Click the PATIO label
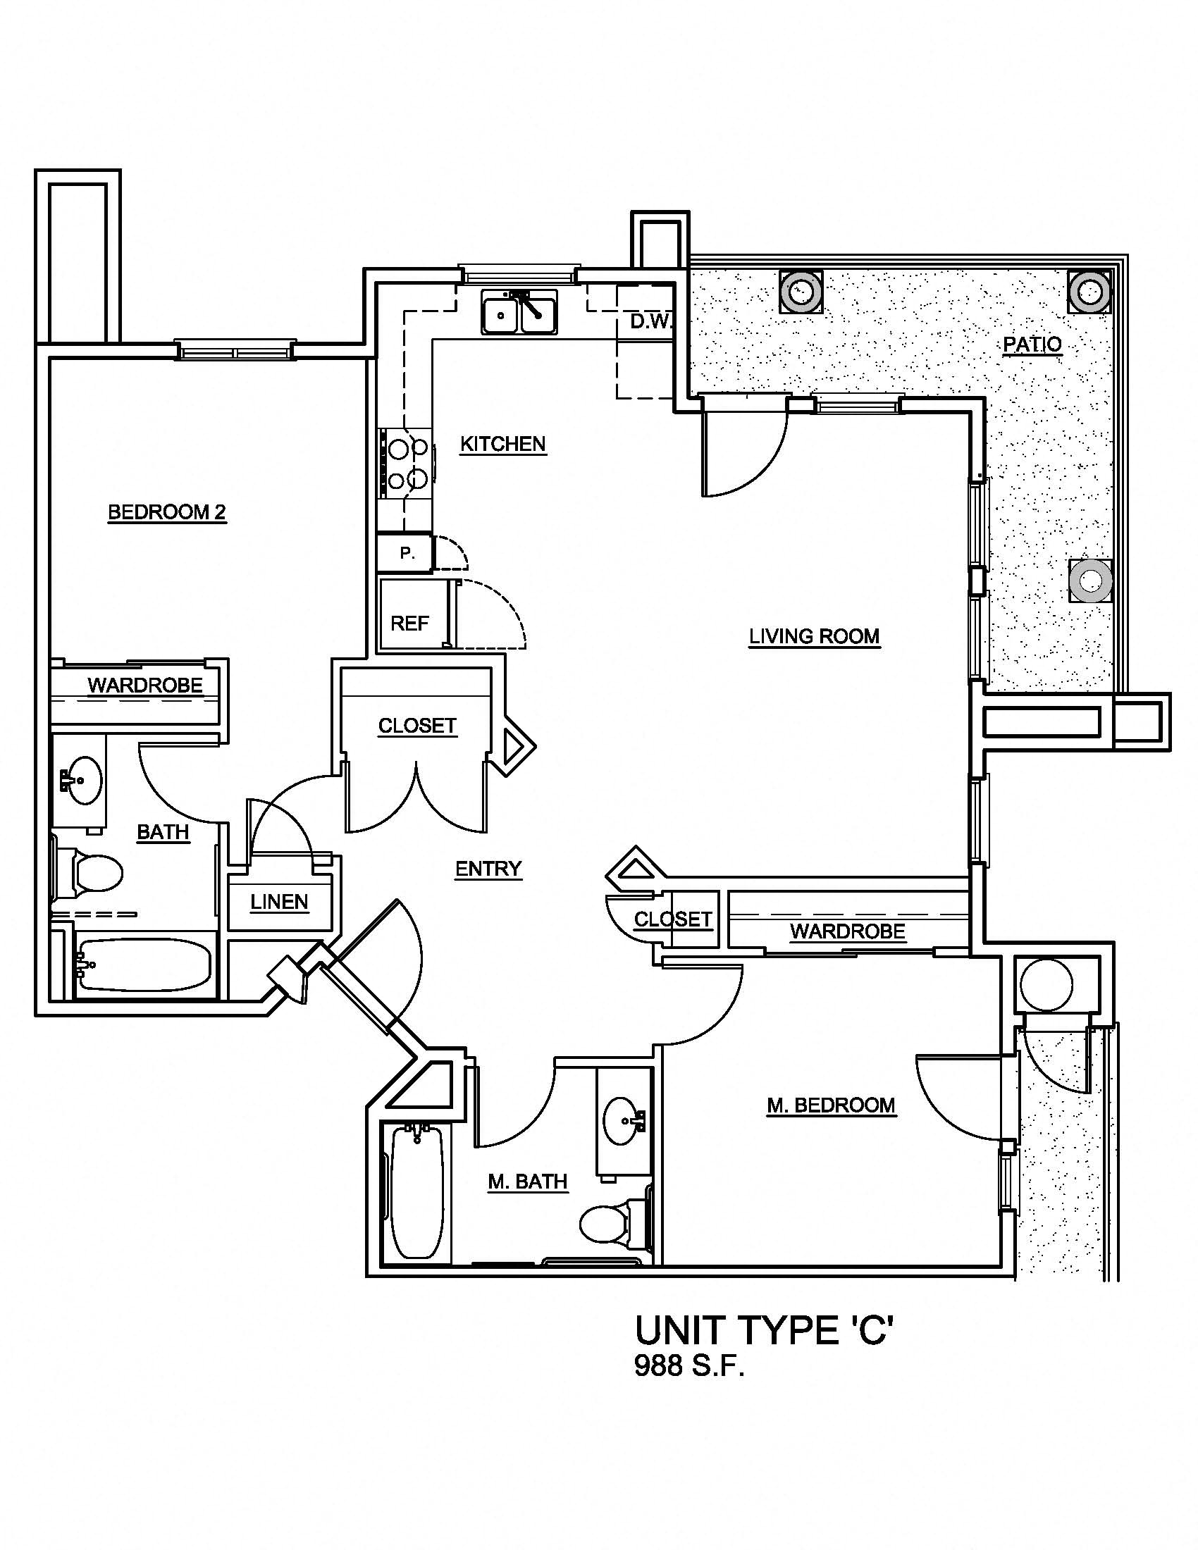click(x=1032, y=345)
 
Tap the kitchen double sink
click(x=519, y=311)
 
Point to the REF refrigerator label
click(x=409, y=623)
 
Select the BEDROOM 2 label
click(x=167, y=512)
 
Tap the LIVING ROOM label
click(x=814, y=636)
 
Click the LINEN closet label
click(x=280, y=902)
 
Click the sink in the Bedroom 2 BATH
click(x=80, y=780)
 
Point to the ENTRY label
click(x=488, y=869)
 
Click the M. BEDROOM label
click(x=831, y=1105)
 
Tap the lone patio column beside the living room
click(x=1089, y=581)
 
